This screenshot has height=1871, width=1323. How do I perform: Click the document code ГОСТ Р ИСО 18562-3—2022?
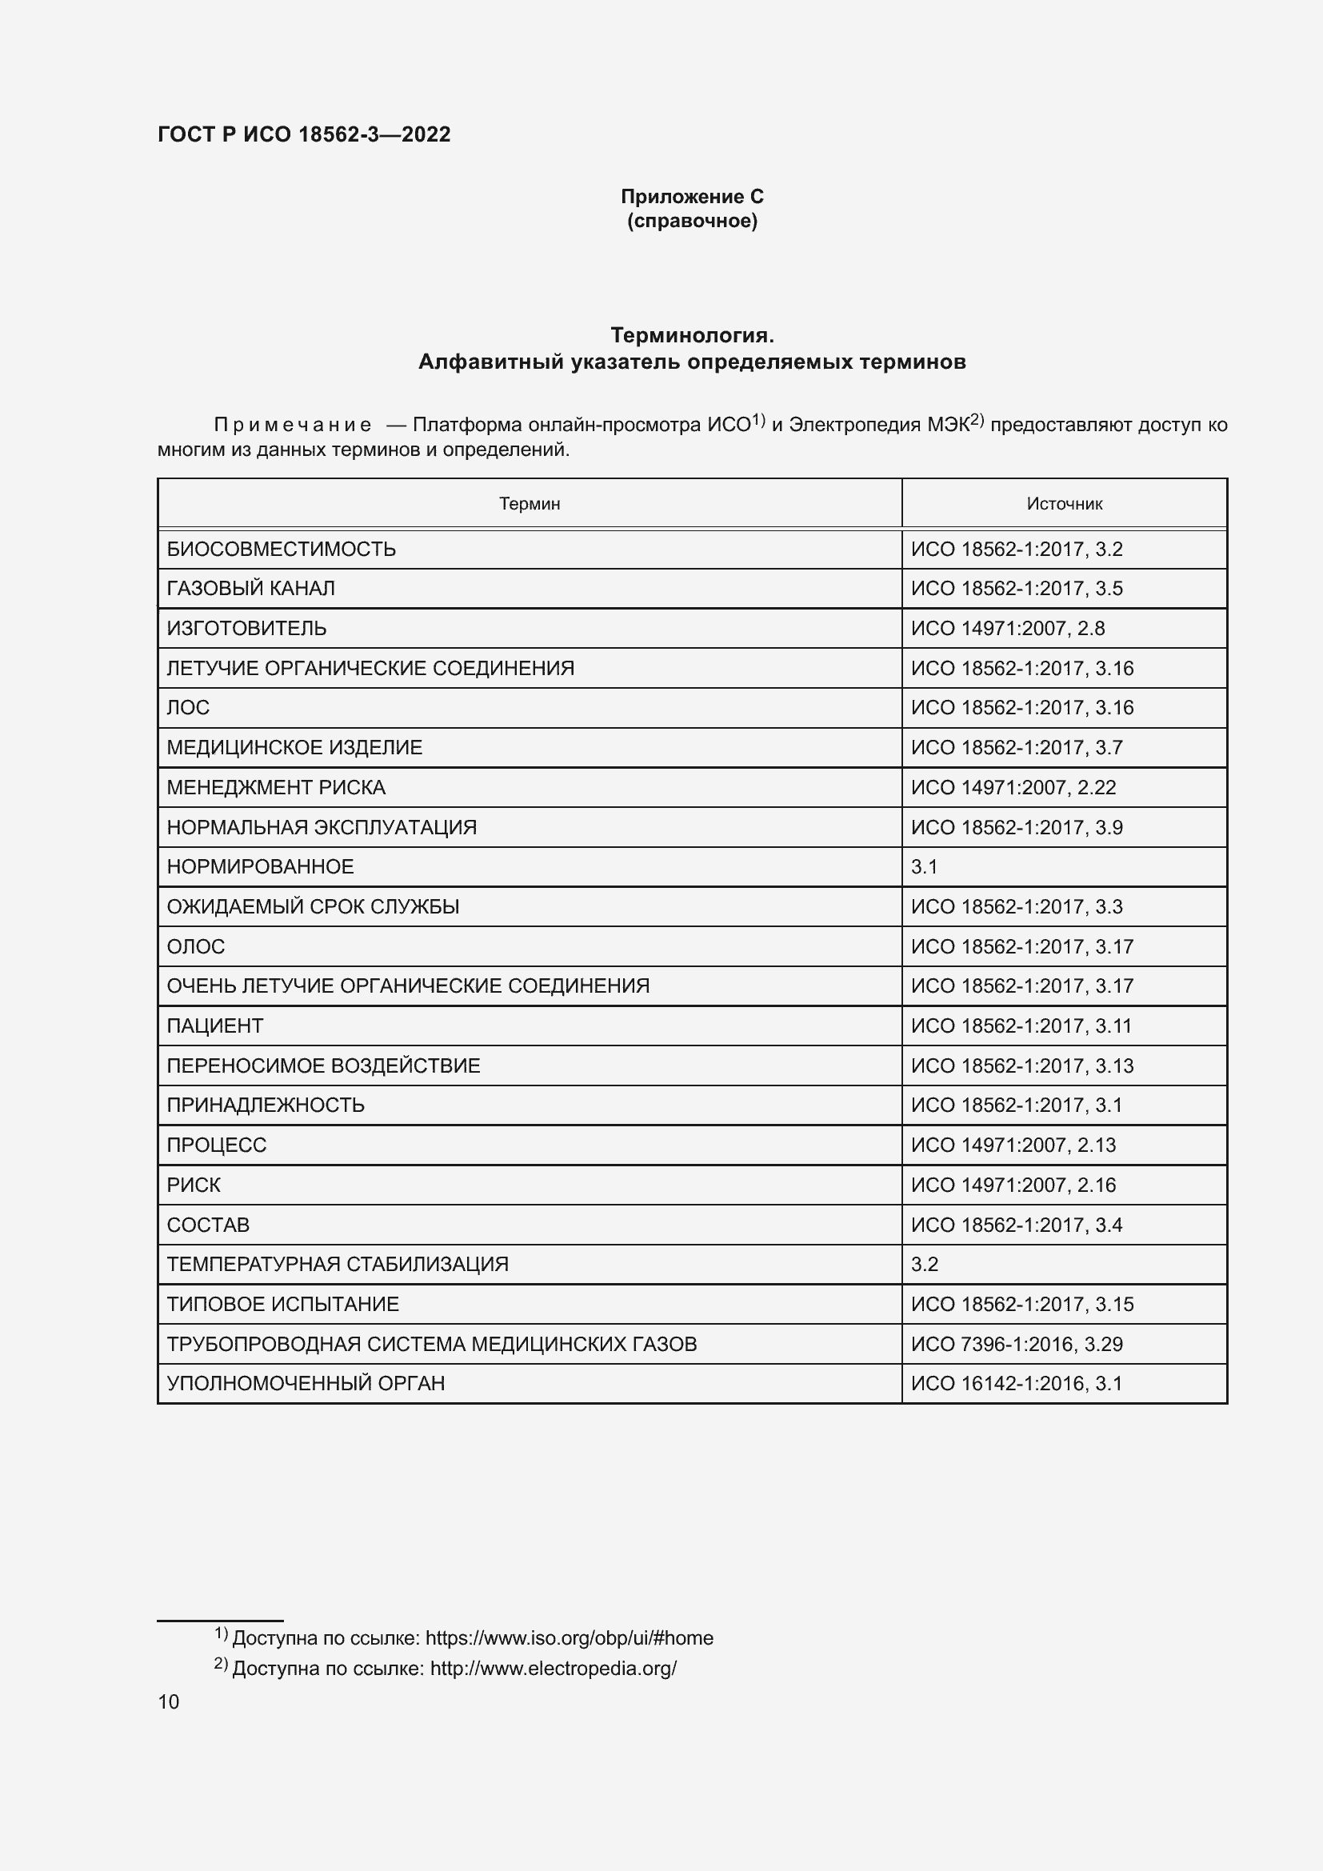[x=304, y=134]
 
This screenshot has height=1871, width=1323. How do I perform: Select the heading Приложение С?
[x=692, y=197]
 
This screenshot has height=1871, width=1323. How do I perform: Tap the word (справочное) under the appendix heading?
[x=692, y=221]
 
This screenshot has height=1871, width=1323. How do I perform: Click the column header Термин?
[x=530, y=504]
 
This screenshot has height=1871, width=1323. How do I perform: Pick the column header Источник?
[x=1064, y=504]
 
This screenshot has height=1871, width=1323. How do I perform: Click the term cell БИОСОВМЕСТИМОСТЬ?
[x=281, y=550]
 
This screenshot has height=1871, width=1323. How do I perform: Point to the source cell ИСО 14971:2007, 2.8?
[x=1008, y=628]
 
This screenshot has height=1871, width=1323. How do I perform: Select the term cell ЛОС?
[x=188, y=707]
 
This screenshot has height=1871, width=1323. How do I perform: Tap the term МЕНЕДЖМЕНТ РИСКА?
[x=276, y=787]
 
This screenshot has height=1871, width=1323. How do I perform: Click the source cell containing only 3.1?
[x=925, y=867]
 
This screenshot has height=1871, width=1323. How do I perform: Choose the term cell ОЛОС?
[x=195, y=946]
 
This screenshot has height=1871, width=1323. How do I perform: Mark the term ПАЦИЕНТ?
[x=215, y=1026]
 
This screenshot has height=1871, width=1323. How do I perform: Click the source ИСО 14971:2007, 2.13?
[x=1013, y=1145]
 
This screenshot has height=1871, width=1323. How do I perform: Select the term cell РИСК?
[x=194, y=1185]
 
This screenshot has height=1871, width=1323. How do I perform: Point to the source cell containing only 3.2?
[x=925, y=1264]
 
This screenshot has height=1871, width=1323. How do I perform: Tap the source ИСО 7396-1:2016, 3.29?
[x=1017, y=1344]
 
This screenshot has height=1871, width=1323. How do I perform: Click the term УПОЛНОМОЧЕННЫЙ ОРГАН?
[x=306, y=1383]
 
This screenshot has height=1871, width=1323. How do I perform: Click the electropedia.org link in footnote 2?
[x=554, y=1668]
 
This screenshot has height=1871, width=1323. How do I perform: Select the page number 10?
[x=169, y=1701]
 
